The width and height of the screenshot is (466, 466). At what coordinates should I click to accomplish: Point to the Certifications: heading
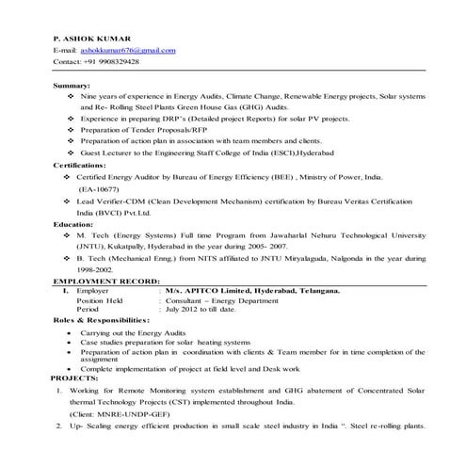point(81,164)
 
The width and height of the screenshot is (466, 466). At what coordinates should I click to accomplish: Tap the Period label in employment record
point(88,309)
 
